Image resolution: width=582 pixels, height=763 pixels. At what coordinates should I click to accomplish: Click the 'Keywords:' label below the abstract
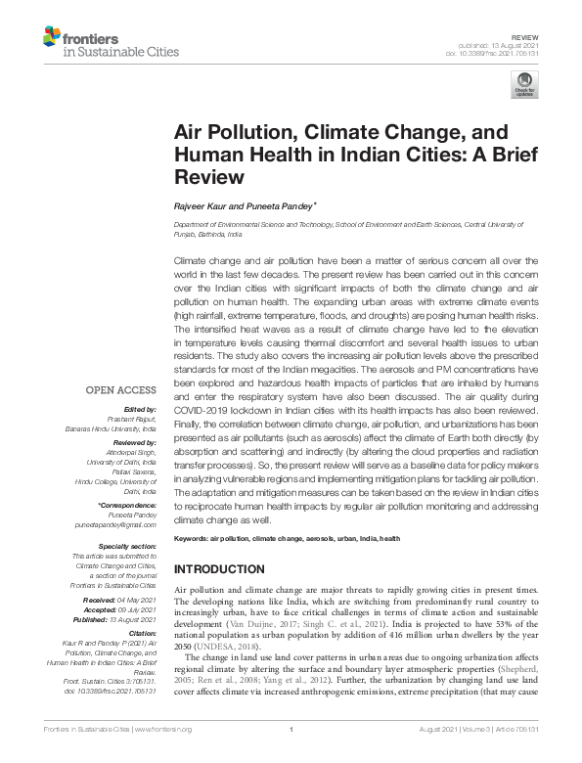pyautogui.click(x=195, y=539)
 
